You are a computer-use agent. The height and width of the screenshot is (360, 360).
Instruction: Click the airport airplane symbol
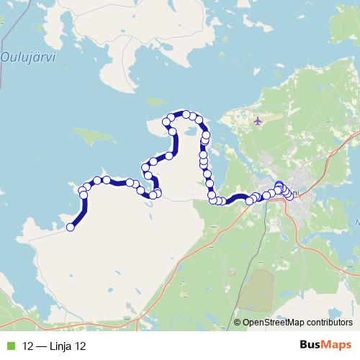[257, 120]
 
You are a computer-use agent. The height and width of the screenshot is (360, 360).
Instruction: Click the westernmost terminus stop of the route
[71, 228]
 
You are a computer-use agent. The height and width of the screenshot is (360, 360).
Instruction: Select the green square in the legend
[9, 346]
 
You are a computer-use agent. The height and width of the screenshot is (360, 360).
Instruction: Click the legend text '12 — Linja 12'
[54, 346]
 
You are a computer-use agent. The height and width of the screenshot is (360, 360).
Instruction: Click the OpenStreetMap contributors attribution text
[297, 322]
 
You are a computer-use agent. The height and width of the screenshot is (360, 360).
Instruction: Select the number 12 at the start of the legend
[27, 346]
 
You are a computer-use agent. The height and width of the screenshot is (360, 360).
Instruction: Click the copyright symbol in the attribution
[238, 322]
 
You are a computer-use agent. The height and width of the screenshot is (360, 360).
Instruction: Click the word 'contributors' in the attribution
[328, 322]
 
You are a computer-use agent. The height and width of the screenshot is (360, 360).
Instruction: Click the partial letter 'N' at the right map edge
[356, 222]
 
